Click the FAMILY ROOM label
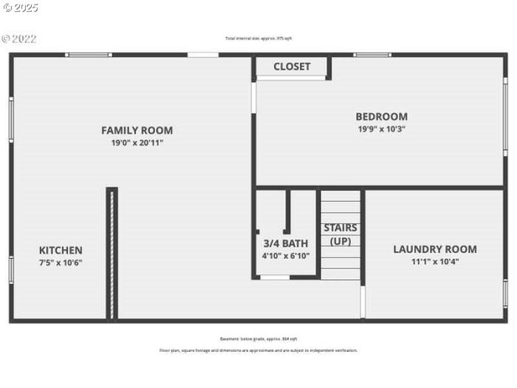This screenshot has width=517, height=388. coord(137,130)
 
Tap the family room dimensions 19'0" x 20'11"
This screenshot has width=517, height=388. coord(137,142)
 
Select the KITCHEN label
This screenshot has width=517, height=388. coord(61,250)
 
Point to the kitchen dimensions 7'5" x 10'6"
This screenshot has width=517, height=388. coord(61,263)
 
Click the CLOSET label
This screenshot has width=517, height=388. coord(291,67)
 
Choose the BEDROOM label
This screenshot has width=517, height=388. coord(381,116)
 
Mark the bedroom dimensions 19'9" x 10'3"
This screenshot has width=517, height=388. coord(381,129)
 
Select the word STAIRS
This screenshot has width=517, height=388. coord(341,228)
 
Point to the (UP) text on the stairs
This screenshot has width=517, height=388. coord(341,241)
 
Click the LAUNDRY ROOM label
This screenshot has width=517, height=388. coord(435,249)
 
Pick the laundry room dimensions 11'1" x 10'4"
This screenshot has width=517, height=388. coord(435,262)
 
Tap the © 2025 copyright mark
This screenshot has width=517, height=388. coord(20,8)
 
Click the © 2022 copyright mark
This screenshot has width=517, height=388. coord(19,39)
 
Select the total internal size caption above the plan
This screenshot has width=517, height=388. coord(258,39)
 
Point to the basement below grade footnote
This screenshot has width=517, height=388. coord(258,339)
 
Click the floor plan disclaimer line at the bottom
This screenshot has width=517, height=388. coord(258,350)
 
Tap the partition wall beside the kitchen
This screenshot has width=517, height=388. coord(112,253)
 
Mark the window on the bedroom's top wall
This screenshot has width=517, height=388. coord(372,55)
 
